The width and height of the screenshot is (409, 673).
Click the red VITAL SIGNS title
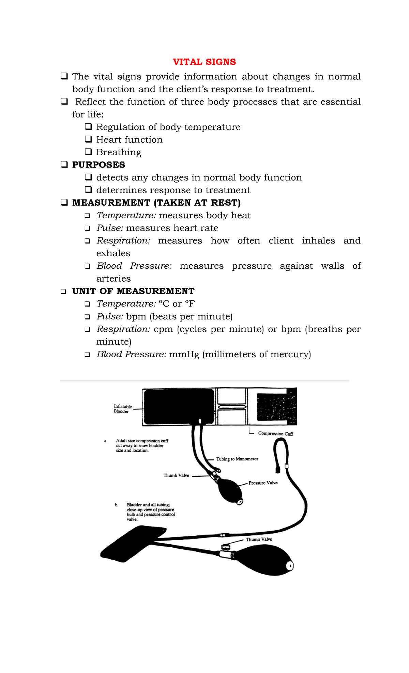coord(204,62)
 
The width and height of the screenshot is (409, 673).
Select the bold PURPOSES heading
coord(99,165)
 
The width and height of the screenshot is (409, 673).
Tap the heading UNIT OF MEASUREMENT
coord(133,291)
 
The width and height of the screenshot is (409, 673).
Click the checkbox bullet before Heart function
coord(88,139)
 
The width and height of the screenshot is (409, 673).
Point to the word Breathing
coord(119,152)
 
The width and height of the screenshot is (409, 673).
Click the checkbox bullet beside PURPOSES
coord(64,165)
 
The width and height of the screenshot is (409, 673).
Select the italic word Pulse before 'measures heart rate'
coord(110,228)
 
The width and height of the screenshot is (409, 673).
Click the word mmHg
coord(184,355)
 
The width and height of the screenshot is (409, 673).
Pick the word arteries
coord(113,279)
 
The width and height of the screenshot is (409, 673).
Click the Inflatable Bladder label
coord(123,409)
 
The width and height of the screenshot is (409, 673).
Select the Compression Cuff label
coord(275,434)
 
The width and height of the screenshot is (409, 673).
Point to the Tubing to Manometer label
coord(237,459)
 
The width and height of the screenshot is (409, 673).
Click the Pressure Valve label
coord(263,483)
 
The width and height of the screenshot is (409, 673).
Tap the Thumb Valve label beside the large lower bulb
coord(259,539)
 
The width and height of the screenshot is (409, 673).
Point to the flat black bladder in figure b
coord(131,543)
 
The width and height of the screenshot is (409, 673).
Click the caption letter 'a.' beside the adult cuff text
coord(106,441)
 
